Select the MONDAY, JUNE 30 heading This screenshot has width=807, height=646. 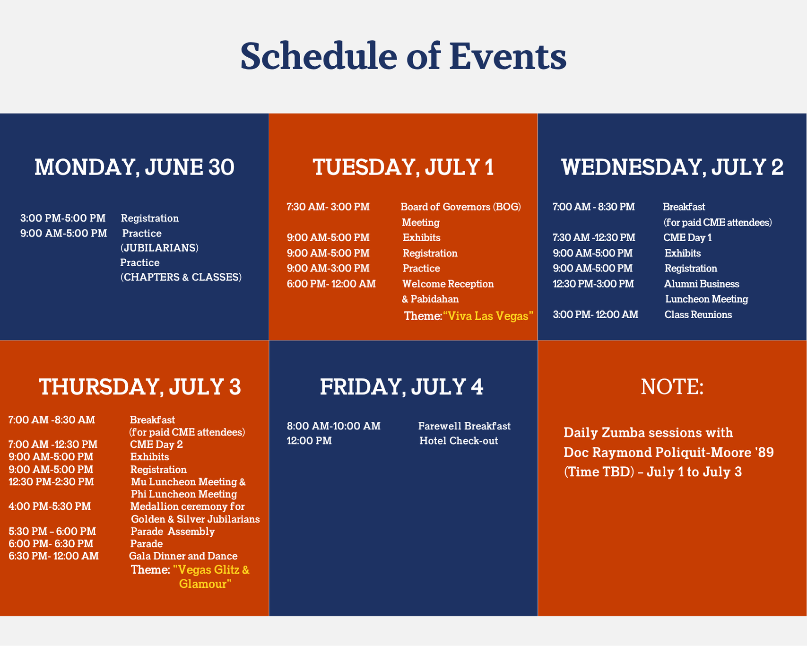point(134,167)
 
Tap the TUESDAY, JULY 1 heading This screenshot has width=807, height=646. point(403,167)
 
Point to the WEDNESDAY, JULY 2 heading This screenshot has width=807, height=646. point(672,167)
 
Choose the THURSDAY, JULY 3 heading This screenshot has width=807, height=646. point(140,387)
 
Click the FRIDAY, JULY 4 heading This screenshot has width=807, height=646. point(402,387)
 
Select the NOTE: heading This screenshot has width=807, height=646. point(672,387)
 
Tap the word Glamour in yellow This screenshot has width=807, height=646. point(206,584)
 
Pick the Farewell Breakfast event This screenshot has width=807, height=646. point(464,426)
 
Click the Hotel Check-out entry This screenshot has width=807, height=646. point(459,441)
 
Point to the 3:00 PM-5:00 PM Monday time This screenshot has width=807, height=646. point(63,218)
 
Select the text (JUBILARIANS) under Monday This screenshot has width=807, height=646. point(159,248)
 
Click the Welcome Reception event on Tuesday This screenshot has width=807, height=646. point(448,284)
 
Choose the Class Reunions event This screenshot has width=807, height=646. point(698,315)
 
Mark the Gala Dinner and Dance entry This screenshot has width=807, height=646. point(183,556)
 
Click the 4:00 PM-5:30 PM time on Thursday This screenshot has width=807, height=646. point(50,506)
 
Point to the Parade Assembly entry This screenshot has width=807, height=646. point(173,532)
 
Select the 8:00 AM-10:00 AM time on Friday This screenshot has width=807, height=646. point(334,426)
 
